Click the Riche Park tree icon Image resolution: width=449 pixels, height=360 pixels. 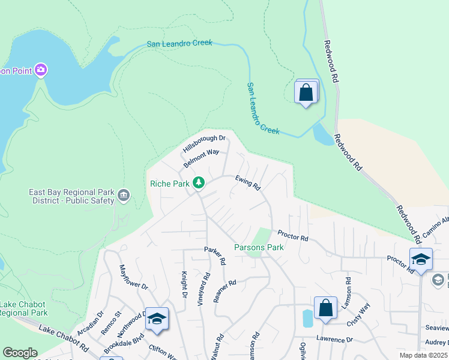198,182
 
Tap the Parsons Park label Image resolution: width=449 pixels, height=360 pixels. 258,247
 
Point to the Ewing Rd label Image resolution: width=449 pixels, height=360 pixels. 247,182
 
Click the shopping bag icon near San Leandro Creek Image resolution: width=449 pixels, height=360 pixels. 306,93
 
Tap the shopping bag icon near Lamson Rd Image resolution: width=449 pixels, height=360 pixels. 325,309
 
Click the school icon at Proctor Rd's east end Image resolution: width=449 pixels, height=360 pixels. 421,260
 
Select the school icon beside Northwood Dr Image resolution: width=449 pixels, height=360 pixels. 157,319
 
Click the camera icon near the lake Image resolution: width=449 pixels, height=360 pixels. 41,70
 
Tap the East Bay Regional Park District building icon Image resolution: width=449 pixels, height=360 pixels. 124,195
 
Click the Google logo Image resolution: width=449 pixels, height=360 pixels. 20,353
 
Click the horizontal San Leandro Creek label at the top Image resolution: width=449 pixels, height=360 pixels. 179,44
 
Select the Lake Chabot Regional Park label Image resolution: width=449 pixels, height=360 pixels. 23,308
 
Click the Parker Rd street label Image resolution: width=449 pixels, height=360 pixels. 214,254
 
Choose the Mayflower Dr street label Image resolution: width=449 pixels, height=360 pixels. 133,278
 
